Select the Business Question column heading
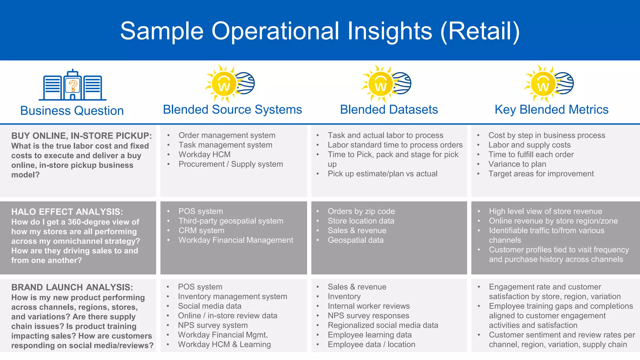coord(72,111)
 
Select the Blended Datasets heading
coord(389,110)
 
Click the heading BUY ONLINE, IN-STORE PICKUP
coord(82,136)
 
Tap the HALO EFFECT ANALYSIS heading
coord(67,212)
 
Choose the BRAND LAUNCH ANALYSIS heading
coord(72,287)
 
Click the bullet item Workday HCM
coord(204,155)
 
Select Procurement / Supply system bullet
coord(231,164)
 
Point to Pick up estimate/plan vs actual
coord(382,174)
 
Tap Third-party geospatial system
coord(231,221)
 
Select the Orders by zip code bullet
coord(361,212)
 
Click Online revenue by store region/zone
coord(553,221)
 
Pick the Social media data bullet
coord(210,306)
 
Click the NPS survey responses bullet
coord(368,316)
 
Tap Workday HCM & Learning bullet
coord(224,345)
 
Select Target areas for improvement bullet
coord(541,174)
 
